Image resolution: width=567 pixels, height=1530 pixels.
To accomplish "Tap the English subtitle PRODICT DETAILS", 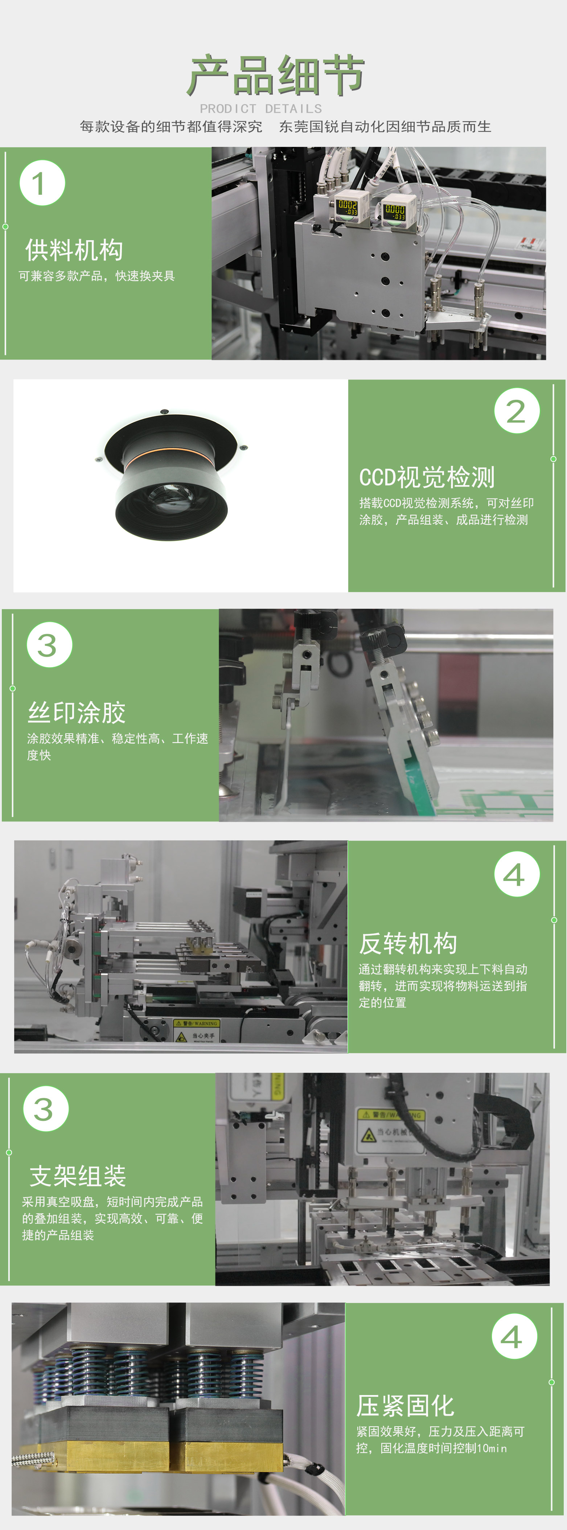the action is tap(260, 109).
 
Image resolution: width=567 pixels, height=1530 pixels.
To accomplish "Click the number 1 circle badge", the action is tap(42, 183).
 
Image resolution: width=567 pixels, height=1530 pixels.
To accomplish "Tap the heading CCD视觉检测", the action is tap(427, 477).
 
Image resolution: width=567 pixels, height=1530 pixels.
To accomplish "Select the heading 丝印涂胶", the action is tap(77, 712).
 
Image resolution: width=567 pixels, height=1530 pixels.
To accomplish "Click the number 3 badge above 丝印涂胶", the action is tap(49, 645).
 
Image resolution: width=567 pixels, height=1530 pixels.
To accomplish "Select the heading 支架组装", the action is tap(78, 1176).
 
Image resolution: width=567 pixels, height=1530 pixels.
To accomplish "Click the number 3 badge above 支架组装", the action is tap(46, 1109).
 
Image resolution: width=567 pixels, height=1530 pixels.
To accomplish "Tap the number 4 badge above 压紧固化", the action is tap(514, 1337).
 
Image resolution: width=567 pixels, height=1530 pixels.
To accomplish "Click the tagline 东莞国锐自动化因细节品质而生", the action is tap(385, 127).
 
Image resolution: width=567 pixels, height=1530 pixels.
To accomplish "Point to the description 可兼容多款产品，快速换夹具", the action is tap(97, 276).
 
